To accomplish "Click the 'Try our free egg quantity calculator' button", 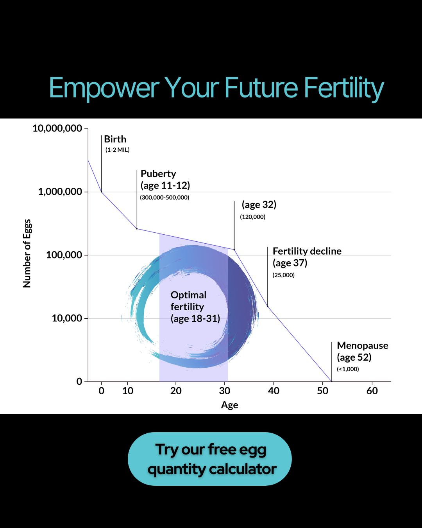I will (x=210, y=459).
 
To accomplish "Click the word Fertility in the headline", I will (x=344, y=88).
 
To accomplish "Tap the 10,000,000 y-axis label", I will (x=57, y=128).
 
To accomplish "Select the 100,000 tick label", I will (x=64, y=255).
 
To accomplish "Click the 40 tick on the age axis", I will (x=274, y=391).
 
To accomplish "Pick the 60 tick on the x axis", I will (x=372, y=391).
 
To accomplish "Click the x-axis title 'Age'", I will (x=229, y=405).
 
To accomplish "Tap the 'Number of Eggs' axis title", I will (x=27, y=253).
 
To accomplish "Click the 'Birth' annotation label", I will (x=115, y=139).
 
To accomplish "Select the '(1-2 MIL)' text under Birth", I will (x=117, y=150).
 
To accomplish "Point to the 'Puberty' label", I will (x=158, y=174).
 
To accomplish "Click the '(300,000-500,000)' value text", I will (x=165, y=198).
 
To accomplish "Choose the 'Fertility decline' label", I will (x=307, y=251).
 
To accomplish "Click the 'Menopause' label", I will (x=363, y=346).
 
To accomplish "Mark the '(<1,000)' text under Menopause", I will (x=348, y=369).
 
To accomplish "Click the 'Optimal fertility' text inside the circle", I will (x=188, y=301).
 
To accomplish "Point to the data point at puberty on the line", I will (x=137, y=229).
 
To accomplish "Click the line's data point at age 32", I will (x=234, y=250).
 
